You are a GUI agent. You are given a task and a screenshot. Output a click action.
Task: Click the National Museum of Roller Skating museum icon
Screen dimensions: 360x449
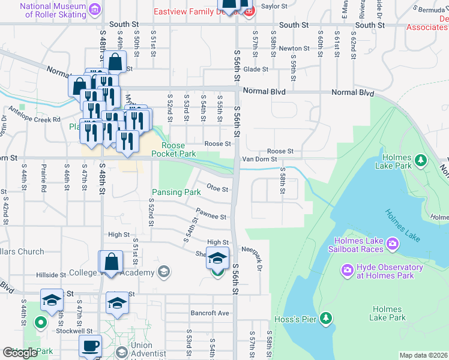click(94, 9)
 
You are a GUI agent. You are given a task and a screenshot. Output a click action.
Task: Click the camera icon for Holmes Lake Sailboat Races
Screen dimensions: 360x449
click(392, 243)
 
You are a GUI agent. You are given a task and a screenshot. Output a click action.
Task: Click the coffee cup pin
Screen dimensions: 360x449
click(91, 346)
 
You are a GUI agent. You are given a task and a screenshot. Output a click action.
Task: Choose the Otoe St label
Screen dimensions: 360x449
click(217, 188)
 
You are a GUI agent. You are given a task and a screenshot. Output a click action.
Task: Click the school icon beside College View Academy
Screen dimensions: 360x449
click(163, 272)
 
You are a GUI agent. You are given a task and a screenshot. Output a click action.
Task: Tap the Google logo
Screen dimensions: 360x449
click(20, 353)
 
